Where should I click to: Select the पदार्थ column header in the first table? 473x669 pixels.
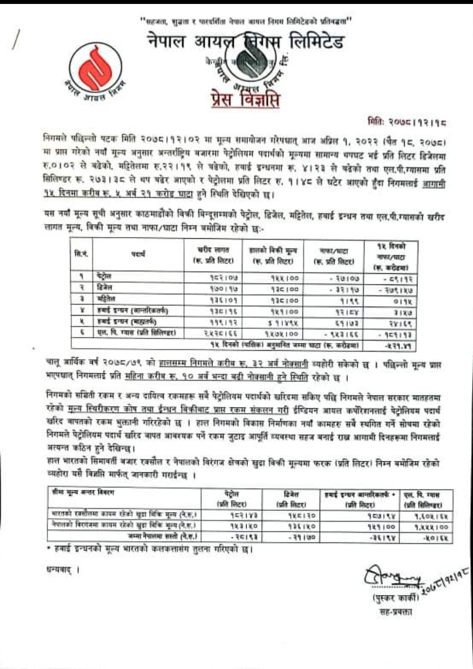click(x=138, y=254)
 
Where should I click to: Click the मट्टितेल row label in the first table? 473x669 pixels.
click(x=105, y=300)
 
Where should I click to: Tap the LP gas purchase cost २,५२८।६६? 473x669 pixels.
click(x=219, y=334)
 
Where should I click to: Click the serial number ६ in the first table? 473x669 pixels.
click(x=81, y=333)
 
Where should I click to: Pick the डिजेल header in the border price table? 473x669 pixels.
click(x=291, y=499)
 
